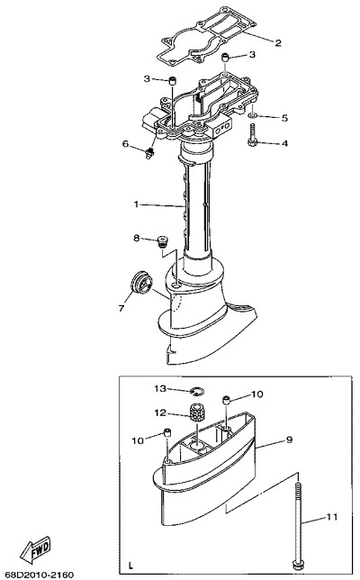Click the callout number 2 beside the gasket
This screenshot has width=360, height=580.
(278, 43)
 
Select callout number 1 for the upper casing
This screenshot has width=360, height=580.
(136, 204)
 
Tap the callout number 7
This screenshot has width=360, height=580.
(121, 308)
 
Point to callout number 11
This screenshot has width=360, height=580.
(332, 516)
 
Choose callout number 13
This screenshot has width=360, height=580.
(161, 388)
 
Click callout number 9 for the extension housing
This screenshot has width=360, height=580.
(289, 440)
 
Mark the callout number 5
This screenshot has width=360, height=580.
(284, 118)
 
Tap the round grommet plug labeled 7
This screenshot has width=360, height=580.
(141, 284)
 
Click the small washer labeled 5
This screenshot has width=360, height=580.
(252, 116)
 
